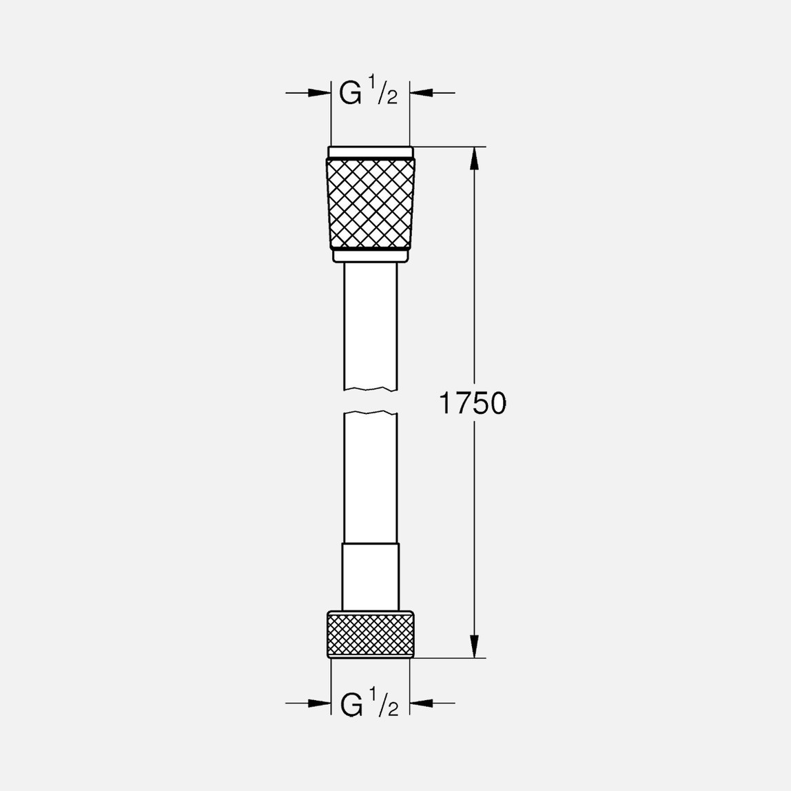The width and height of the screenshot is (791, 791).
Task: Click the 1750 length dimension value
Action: coord(473,404)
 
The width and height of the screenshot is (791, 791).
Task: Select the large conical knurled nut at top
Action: coord(371,203)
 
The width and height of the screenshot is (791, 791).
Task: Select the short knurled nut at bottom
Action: coord(371,633)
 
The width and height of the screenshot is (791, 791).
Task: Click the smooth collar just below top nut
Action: coord(371,256)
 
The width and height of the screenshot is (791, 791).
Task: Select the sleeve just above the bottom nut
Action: coord(371,576)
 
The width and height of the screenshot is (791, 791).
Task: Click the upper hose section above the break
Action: coord(371,324)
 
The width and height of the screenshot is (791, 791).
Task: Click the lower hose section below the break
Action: coord(371,475)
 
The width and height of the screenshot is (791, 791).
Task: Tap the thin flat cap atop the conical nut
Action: coord(371,152)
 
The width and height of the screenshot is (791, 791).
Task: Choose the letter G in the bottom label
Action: coord(352,704)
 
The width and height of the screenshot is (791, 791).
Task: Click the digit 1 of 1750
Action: coord(446,404)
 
